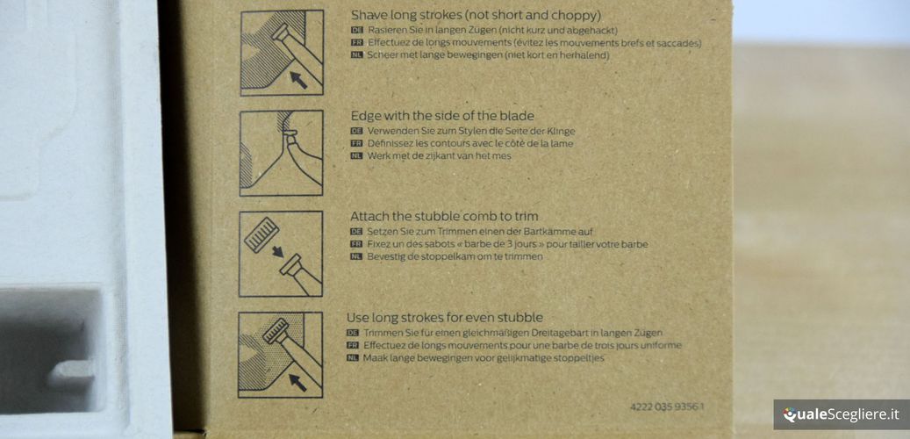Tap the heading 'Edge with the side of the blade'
442,116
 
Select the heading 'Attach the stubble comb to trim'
444,217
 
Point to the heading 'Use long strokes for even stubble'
445,318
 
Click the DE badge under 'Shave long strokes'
357,30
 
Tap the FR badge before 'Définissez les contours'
356,143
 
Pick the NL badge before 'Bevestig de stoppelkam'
356,256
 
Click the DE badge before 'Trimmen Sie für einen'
352,334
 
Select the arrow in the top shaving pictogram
298,80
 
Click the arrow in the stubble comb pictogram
278,251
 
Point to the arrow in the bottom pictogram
297,383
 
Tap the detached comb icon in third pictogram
262,234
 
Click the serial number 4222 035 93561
667,407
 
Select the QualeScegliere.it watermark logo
841,414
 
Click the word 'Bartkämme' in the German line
549,232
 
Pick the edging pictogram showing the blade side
282,153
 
